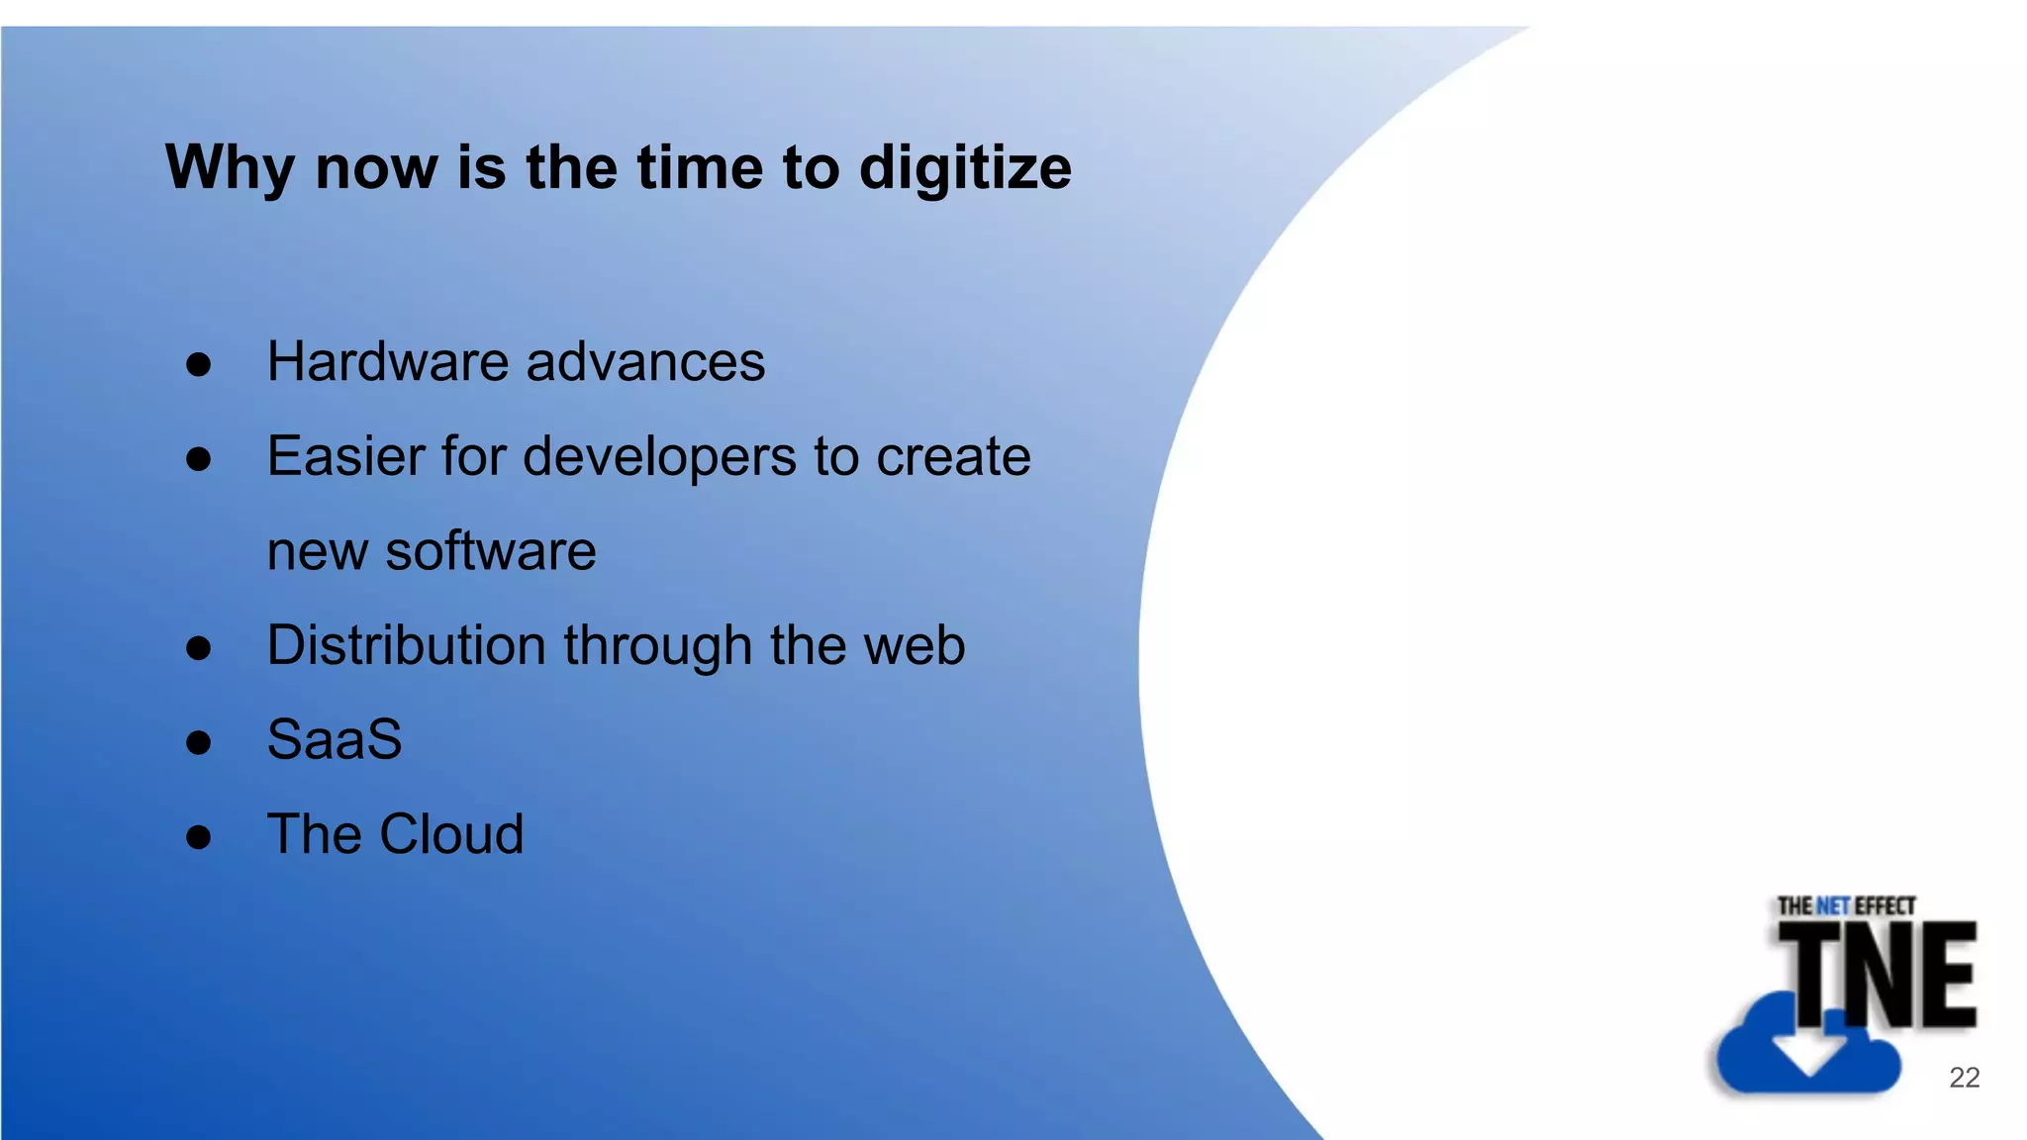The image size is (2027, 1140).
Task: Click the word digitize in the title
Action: (x=965, y=168)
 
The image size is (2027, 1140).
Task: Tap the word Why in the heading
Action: (x=229, y=168)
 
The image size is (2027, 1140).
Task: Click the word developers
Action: (x=659, y=457)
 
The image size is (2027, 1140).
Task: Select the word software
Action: (x=491, y=551)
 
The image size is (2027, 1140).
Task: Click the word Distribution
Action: (x=406, y=645)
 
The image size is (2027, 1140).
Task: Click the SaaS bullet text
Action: (x=335, y=739)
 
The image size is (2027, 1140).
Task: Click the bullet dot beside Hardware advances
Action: (x=199, y=365)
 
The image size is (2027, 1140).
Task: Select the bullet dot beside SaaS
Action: (x=199, y=742)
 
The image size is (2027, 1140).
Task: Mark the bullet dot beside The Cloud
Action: (x=199, y=837)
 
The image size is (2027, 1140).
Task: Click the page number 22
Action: (x=1964, y=1078)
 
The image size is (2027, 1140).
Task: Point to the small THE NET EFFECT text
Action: (x=1846, y=905)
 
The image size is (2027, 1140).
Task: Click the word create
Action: (x=953, y=457)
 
